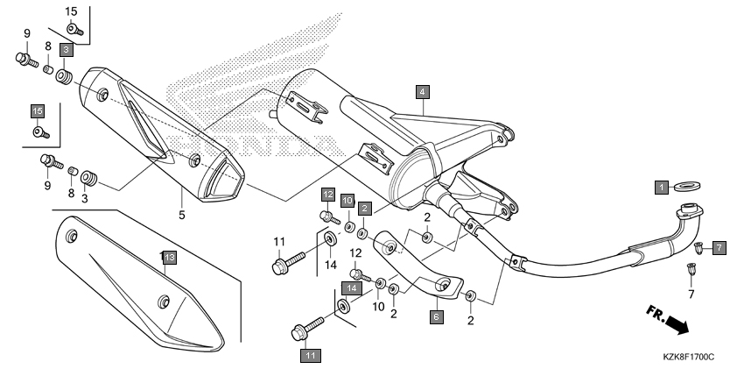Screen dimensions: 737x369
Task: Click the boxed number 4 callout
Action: (x=422, y=92)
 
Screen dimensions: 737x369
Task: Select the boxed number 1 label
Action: (x=662, y=188)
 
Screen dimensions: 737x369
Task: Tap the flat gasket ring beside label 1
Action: (x=687, y=186)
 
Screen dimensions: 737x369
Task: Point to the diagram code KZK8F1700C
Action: (x=689, y=358)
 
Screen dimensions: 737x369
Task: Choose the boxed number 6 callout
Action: (x=436, y=316)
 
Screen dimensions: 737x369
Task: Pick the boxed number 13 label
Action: (x=170, y=257)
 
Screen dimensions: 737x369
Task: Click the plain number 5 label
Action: (x=182, y=215)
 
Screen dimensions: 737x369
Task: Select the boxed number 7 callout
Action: (x=719, y=247)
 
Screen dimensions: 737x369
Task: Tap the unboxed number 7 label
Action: (x=691, y=294)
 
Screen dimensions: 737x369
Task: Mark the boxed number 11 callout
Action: (x=310, y=356)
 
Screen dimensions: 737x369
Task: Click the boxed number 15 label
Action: (x=38, y=111)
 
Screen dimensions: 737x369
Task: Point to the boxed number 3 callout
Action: (x=66, y=49)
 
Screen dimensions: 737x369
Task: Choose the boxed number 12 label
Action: (x=328, y=194)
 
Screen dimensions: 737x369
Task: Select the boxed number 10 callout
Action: (x=347, y=201)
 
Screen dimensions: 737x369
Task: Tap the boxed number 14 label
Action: (x=352, y=287)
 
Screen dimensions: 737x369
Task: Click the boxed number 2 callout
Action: (x=364, y=209)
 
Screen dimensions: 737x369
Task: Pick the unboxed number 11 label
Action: (x=279, y=242)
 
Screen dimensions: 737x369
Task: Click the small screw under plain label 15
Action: (x=74, y=30)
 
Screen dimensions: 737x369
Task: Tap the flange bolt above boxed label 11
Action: (x=307, y=329)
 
